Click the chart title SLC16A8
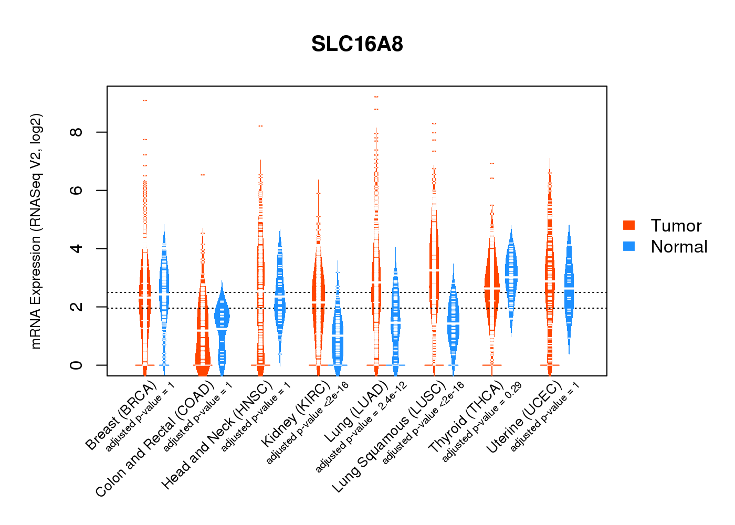[x=357, y=44]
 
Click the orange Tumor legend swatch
[x=629, y=225]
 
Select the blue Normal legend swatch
[x=629, y=246]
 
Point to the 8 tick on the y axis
[x=77, y=132]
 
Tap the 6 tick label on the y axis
[x=77, y=190]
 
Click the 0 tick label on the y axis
[x=77, y=365]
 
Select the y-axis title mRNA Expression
[x=36, y=231]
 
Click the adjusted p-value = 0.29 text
[x=482, y=423]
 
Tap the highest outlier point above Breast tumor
[x=145, y=100]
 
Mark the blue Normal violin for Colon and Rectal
[x=222, y=325]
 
